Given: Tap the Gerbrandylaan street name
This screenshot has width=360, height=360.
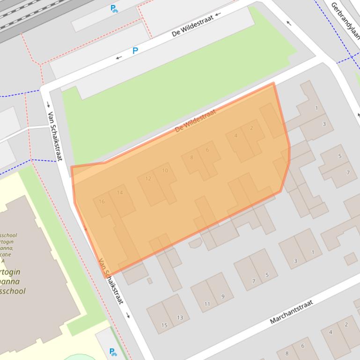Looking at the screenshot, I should (x=345, y=21).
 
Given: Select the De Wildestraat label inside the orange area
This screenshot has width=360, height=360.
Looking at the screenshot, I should (x=195, y=121).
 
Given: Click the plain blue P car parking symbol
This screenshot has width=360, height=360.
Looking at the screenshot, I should (x=135, y=50).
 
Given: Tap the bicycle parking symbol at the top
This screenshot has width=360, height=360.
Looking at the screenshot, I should (x=114, y=8).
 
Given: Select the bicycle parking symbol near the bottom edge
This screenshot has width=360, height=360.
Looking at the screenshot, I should (x=113, y=352).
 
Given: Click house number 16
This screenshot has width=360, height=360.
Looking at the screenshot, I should (x=102, y=202).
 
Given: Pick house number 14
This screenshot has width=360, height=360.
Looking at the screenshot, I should (x=120, y=192).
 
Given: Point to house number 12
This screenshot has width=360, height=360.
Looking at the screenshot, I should (x=148, y=179).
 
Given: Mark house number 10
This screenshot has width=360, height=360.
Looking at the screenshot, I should (x=165, y=170).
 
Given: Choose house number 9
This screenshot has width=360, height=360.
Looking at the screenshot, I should (x=223, y=296).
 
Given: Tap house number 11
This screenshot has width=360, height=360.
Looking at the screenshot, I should (x=207, y=304).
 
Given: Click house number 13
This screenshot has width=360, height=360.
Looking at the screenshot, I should (x=180, y=317).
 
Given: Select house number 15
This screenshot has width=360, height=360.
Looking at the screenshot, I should (x=164, y=325).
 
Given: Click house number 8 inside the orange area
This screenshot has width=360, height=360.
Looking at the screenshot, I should (x=191, y=157).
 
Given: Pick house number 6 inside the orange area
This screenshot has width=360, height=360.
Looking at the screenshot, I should (x=207, y=150).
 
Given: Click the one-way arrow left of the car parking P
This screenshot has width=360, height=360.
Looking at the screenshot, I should (x=119, y=58).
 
